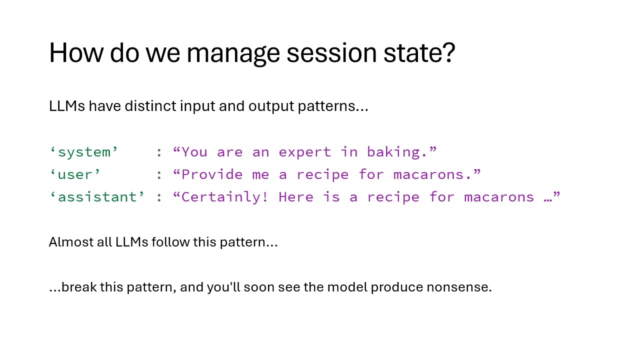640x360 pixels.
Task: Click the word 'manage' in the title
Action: [x=233, y=53]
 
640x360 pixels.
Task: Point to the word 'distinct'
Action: [x=150, y=106]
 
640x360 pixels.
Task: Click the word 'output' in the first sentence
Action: [x=271, y=107]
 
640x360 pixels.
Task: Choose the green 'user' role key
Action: [x=75, y=174]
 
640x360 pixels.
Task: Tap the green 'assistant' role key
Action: [x=97, y=197]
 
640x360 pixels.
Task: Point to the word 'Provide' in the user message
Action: [x=212, y=174]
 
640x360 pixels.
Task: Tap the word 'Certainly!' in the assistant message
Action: [x=225, y=197]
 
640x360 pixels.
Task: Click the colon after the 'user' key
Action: [x=159, y=175]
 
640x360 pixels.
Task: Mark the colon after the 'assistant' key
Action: [x=159, y=197]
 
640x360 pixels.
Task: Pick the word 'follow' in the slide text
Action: [x=170, y=242]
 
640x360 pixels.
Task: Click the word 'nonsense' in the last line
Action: [x=459, y=287]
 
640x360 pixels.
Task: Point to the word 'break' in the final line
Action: [x=79, y=287]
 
